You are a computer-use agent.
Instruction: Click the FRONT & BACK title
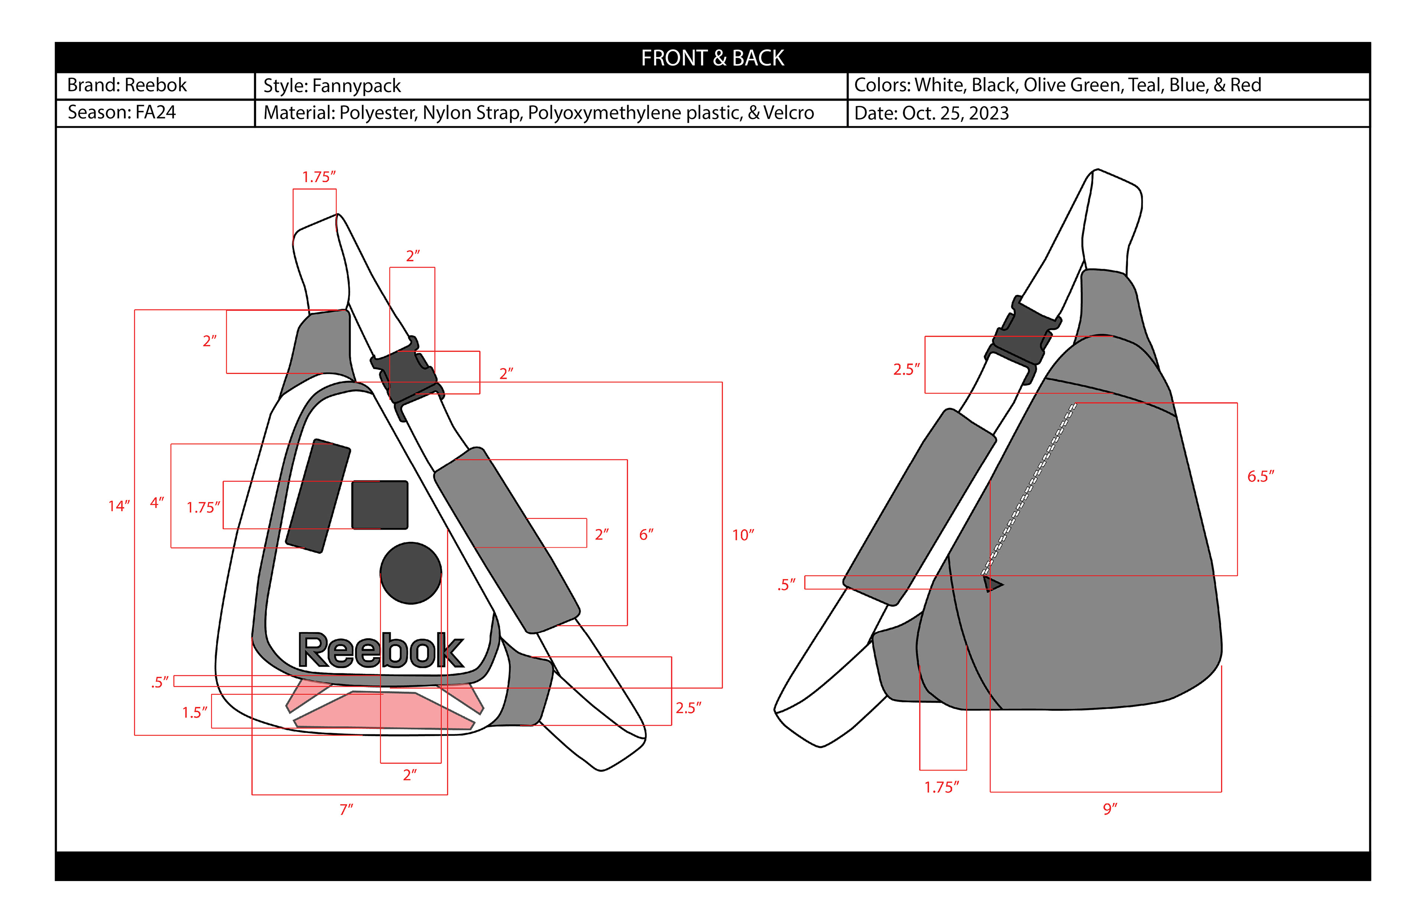click(712, 58)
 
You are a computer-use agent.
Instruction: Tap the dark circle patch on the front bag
click(411, 573)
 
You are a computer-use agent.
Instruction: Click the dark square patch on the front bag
click(380, 505)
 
